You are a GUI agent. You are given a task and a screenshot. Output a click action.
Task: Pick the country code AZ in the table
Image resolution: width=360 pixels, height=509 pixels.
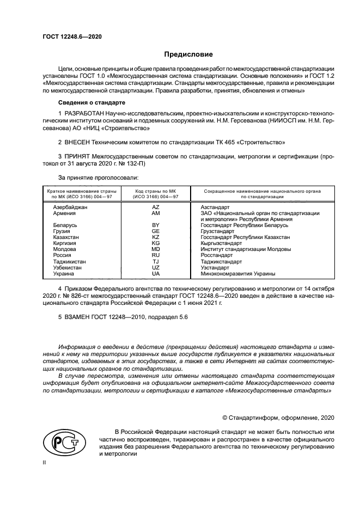155,207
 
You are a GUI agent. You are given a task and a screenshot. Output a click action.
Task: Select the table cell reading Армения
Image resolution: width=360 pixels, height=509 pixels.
65,213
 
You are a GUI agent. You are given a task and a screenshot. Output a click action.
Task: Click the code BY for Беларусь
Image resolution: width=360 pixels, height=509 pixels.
155,225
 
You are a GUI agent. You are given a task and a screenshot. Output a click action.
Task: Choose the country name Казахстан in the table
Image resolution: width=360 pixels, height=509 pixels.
67,237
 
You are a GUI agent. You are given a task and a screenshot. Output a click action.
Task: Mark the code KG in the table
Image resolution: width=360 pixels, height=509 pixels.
155,243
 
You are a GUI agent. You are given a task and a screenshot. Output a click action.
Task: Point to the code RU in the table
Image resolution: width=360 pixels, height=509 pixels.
155,255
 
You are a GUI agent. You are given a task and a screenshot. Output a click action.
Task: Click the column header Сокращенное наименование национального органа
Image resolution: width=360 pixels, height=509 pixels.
262,191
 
